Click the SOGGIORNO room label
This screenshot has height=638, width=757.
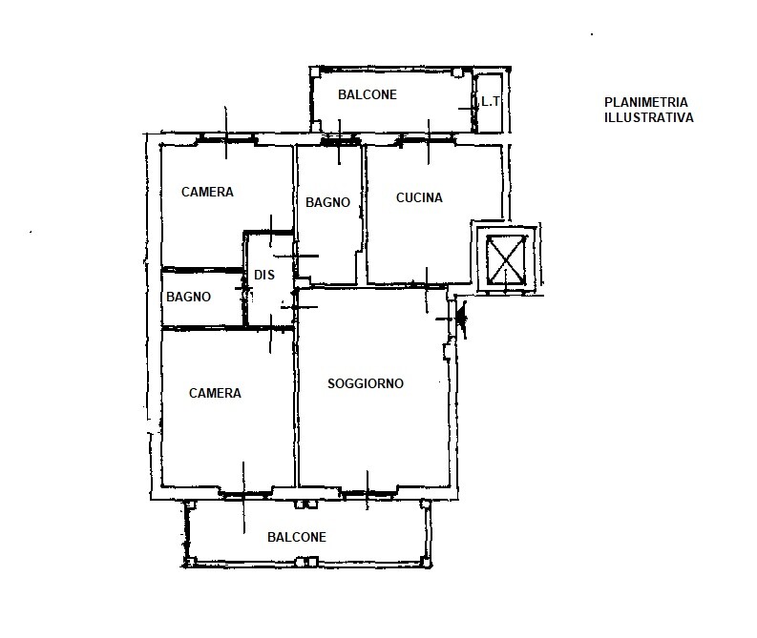click(366, 383)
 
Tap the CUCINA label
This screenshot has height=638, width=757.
click(419, 197)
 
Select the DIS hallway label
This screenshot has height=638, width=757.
click(264, 275)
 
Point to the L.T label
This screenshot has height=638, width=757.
click(490, 102)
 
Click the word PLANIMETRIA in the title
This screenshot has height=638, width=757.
click(646, 102)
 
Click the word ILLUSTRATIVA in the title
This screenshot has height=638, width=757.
click(649, 117)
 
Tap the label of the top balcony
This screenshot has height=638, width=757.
click(368, 94)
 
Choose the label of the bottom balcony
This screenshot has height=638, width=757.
click(297, 537)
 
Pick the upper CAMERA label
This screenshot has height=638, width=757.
click(207, 192)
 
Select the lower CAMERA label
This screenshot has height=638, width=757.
click(215, 393)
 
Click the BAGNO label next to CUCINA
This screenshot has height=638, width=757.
click(327, 202)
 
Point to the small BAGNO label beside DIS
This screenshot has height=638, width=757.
click(188, 297)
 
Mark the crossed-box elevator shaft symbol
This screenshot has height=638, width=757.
click(506, 260)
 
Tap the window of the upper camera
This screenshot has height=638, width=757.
click(226, 139)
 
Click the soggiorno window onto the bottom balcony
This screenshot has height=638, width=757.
click(368, 492)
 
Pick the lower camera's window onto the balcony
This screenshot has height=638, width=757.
click(243, 492)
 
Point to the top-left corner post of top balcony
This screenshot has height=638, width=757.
click(315, 72)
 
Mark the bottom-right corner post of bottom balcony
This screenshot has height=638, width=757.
click(427, 563)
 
